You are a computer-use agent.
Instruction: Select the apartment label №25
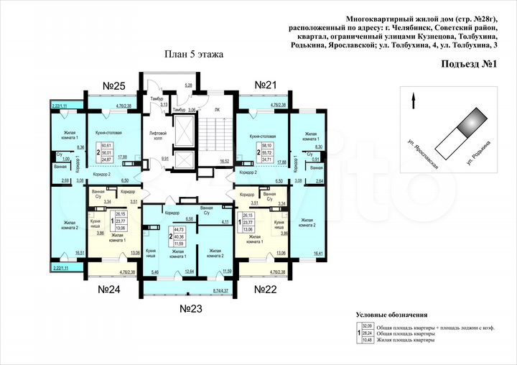tap(114, 86)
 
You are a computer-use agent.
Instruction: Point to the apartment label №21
tap(266, 86)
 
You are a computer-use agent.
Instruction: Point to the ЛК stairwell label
tap(218, 109)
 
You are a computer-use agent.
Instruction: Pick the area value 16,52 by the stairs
tap(223, 162)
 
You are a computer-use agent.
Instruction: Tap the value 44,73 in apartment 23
tap(179, 228)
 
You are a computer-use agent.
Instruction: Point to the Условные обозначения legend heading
tap(391, 315)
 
